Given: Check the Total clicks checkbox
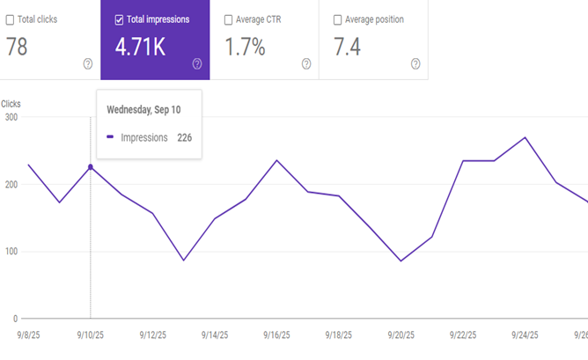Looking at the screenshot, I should coord(10,19).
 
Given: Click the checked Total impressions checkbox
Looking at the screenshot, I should coord(119,19).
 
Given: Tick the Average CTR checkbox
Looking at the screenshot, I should coord(228,19).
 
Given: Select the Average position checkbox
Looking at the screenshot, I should coord(338,19).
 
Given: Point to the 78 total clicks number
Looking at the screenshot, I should coord(17,48).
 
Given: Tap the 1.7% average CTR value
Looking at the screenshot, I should coord(246,48).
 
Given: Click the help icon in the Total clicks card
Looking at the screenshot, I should coord(87,63).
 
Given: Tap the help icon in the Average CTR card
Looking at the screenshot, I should coord(306,63).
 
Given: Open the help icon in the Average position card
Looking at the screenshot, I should coord(415,63).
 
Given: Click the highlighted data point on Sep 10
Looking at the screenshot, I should coord(91,166).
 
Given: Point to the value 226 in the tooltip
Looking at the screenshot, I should coord(184,137).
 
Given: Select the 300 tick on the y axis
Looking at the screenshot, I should coord(11,117).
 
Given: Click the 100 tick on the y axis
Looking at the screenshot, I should coord(11,252).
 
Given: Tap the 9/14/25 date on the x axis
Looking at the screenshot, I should coord(216,335).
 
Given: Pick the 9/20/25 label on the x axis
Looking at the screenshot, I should coord(401,335).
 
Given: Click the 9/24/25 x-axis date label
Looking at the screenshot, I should coord(525,335).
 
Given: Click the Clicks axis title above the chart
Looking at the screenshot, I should coord(11,104).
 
